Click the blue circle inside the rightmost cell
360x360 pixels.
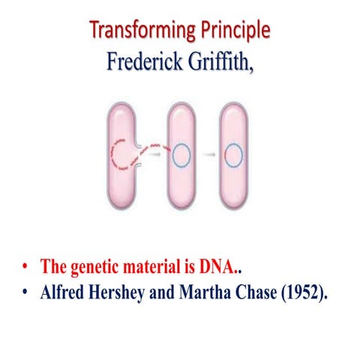[x=234, y=157]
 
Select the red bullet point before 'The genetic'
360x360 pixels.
[x=26, y=267]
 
